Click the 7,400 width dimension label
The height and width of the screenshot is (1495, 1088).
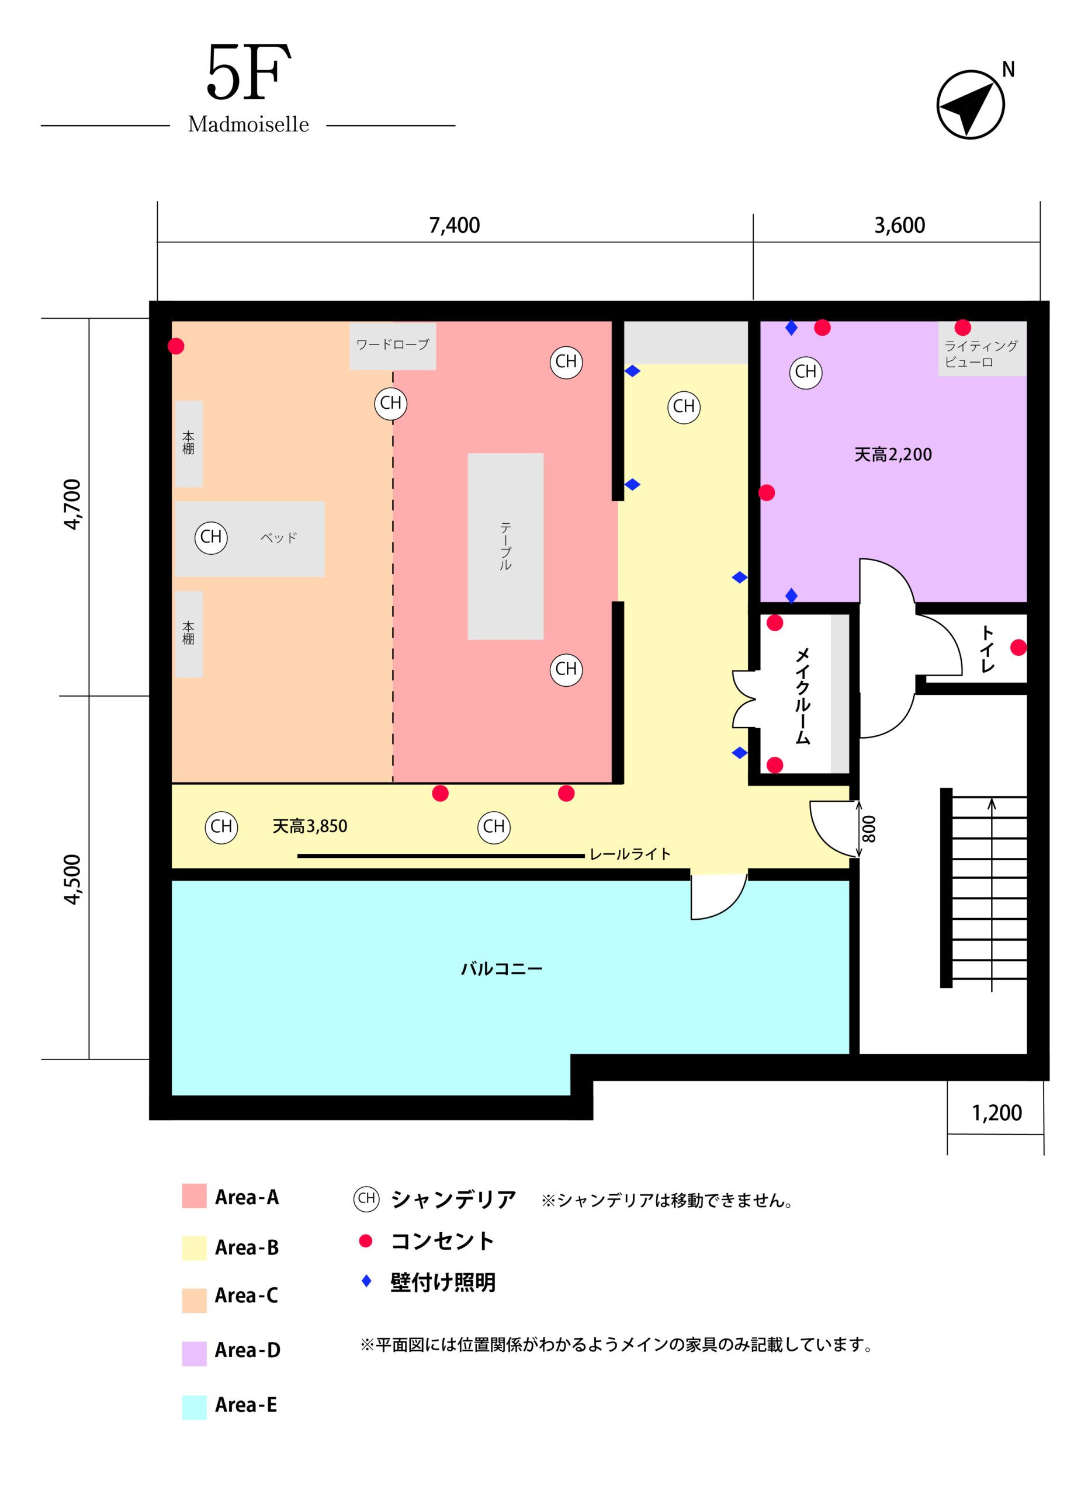(x=455, y=225)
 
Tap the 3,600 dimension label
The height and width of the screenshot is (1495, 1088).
(x=899, y=225)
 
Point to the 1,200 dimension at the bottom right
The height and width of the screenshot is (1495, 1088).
(x=996, y=1112)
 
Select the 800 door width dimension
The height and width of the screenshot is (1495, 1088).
(x=869, y=829)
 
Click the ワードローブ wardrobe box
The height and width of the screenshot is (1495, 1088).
(x=392, y=345)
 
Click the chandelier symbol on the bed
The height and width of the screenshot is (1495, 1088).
(x=211, y=537)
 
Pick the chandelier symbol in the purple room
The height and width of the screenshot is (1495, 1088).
(x=805, y=372)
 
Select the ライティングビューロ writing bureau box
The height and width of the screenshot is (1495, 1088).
(x=982, y=349)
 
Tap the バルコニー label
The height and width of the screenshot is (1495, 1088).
(x=501, y=968)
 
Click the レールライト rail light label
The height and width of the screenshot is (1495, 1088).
(x=630, y=854)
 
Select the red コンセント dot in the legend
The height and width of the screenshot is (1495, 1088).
(x=365, y=1241)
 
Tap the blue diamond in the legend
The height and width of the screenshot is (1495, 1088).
(x=366, y=1281)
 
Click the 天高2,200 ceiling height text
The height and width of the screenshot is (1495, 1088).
(x=893, y=454)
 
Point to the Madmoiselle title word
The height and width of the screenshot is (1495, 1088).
(x=248, y=124)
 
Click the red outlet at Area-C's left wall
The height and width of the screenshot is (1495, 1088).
(x=175, y=346)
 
